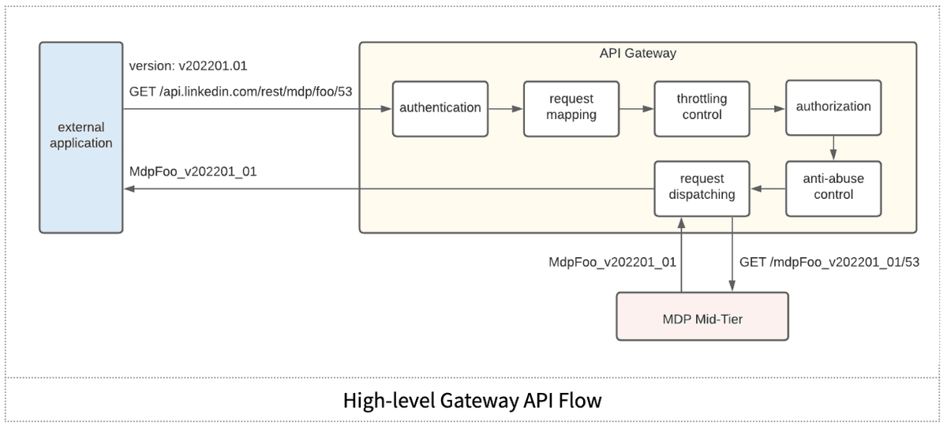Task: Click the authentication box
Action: pyautogui.click(x=440, y=109)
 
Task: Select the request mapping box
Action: pyautogui.click(x=571, y=109)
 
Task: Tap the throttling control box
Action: pyautogui.click(x=702, y=109)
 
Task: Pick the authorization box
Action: pyautogui.click(x=833, y=108)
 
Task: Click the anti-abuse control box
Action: pyautogui.click(x=833, y=189)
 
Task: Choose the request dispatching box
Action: pyautogui.click(x=702, y=189)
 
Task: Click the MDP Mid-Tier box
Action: pyautogui.click(x=702, y=316)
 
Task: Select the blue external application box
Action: pyautogui.click(x=81, y=137)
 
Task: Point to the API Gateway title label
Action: pyautogui.click(x=638, y=54)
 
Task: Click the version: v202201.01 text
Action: pyautogui.click(x=188, y=66)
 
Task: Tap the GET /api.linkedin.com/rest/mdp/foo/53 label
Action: pyautogui.click(x=241, y=92)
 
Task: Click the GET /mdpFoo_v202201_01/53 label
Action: pyautogui.click(x=829, y=262)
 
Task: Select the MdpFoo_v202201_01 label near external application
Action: pyautogui.click(x=193, y=172)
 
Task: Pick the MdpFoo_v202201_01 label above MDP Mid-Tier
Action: pyautogui.click(x=612, y=262)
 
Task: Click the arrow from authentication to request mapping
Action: pyautogui.click(x=506, y=109)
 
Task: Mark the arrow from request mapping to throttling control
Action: pyautogui.click(x=637, y=109)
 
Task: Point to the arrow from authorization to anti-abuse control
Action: pyautogui.click(x=833, y=148)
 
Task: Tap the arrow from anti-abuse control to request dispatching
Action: pyautogui.click(x=768, y=189)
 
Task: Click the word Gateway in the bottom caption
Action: pyautogui.click(x=479, y=400)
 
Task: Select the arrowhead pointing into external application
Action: pyautogui.click(x=129, y=189)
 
